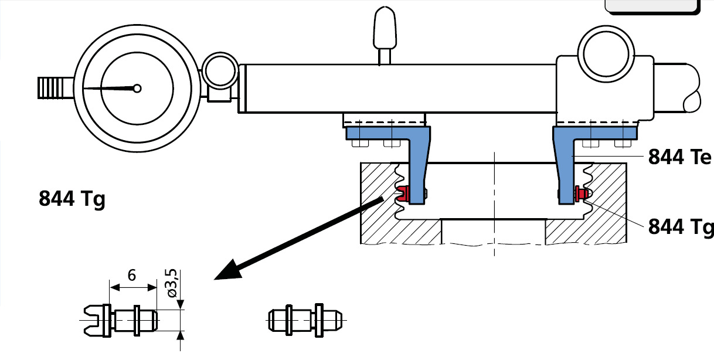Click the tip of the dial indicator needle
pyautogui.click(x=85, y=89)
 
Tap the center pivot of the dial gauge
pyautogui.click(x=137, y=89)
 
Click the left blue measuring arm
pyautogui.click(x=417, y=164)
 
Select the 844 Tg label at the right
pyautogui.click(x=680, y=226)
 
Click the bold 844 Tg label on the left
pyautogui.click(x=72, y=199)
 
